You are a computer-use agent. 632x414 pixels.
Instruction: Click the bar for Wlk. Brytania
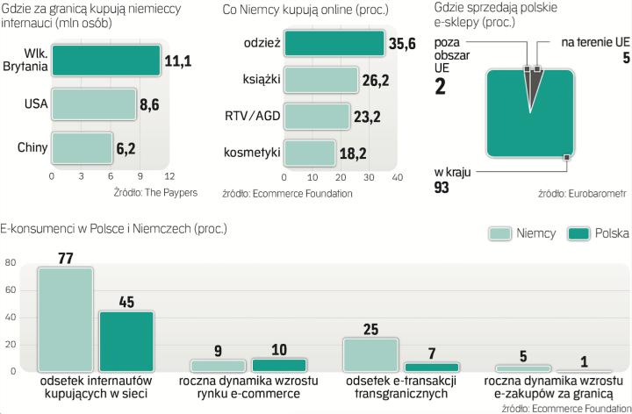105,61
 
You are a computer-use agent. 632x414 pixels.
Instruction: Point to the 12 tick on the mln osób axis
169,176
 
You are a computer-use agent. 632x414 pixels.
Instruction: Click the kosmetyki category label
253,152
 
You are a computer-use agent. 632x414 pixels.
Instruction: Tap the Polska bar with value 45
126,341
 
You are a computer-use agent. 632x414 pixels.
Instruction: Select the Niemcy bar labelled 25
370,354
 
